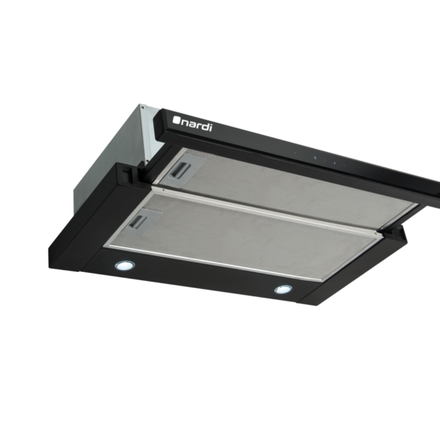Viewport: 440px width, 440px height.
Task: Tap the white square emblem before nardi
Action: point(176,120)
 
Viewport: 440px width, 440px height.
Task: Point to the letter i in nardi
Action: point(210,128)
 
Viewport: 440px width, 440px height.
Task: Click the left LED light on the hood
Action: point(125,265)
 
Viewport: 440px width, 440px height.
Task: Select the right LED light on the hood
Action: point(283,290)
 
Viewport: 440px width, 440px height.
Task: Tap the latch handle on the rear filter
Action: point(180,170)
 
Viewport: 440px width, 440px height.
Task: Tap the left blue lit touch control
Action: point(315,158)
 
